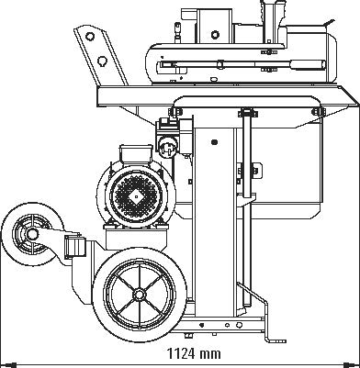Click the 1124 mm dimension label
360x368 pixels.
(194, 354)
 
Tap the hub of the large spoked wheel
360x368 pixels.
(140, 295)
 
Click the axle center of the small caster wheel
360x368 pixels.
(32, 234)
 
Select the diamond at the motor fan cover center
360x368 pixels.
(136, 197)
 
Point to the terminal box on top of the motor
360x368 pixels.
(136, 154)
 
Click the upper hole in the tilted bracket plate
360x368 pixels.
(90, 36)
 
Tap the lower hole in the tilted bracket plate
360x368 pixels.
(102, 61)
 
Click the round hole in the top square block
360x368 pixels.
(215, 34)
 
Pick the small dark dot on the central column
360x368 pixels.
(215, 142)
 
